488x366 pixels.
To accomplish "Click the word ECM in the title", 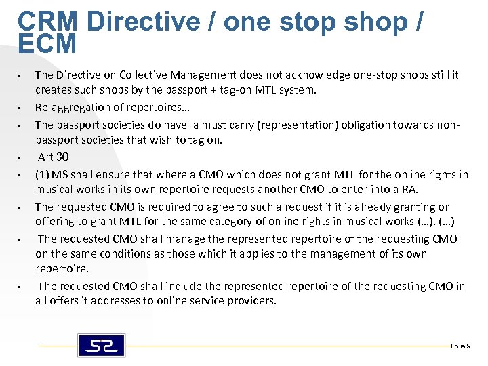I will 47,44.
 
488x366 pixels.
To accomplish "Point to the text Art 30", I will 54,157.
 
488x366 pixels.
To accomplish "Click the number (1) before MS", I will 43,174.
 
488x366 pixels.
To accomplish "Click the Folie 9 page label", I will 460,346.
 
